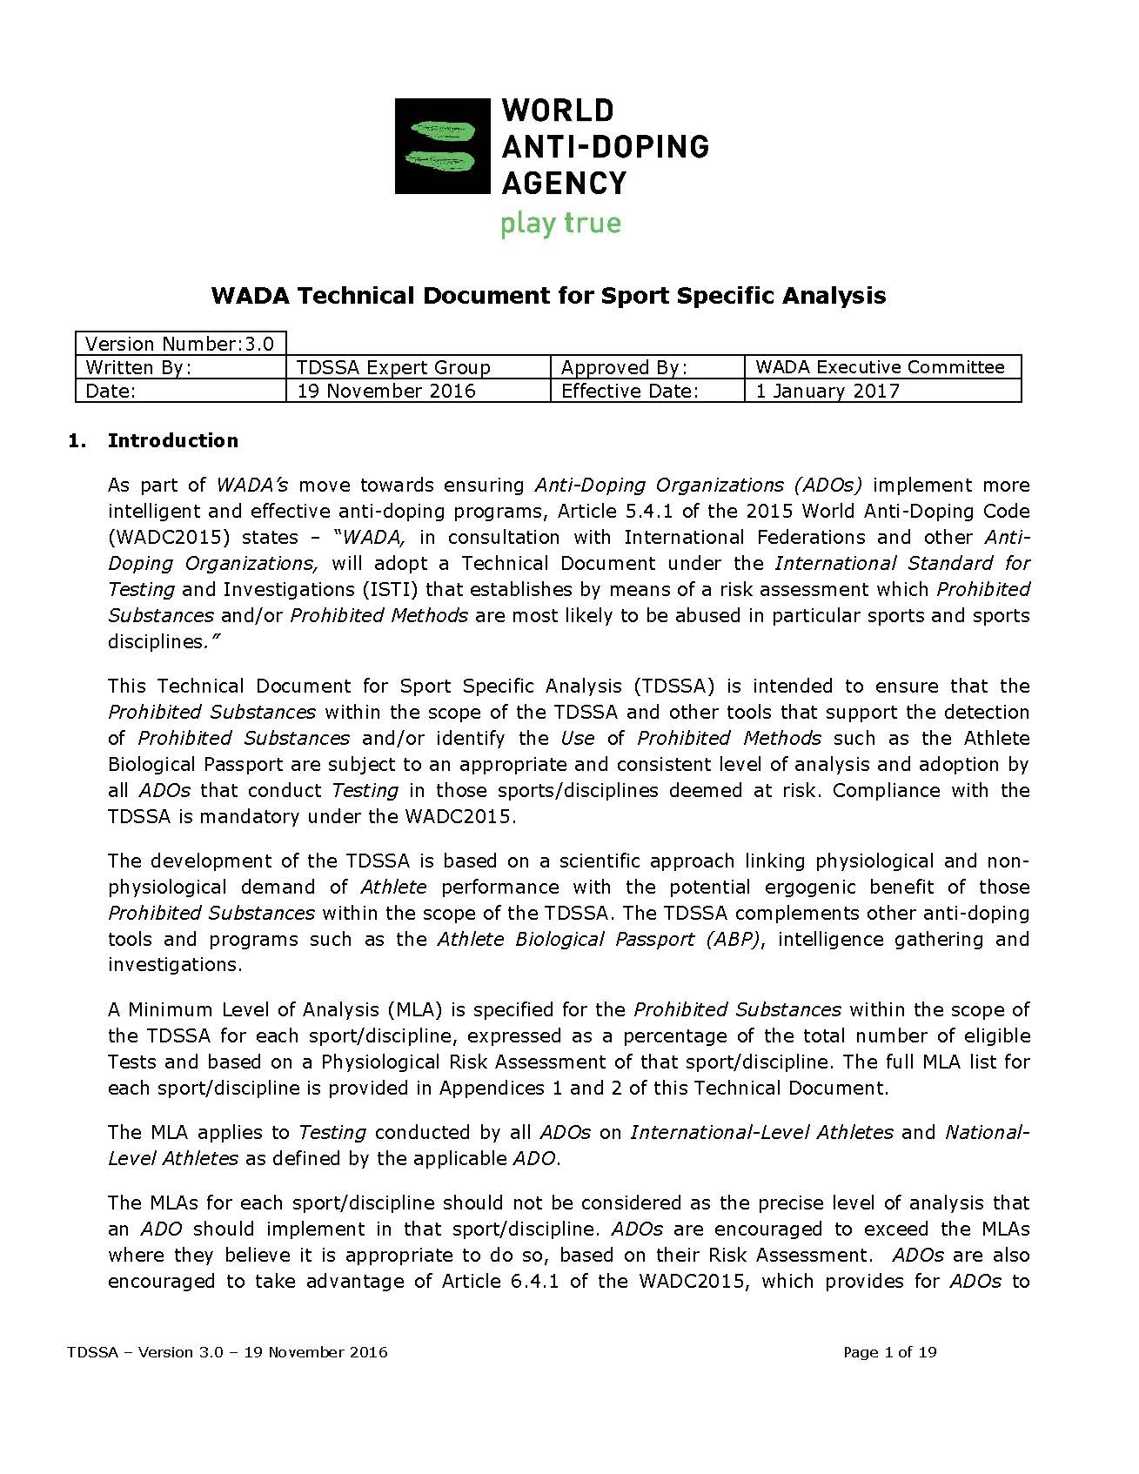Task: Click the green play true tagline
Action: pos(560,224)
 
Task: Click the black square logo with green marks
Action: pos(442,145)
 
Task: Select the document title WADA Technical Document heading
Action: pos(548,296)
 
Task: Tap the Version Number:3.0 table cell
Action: pos(180,344)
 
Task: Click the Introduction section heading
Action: pos(172,440)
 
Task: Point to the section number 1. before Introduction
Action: pos(77,440)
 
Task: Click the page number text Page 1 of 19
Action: pos(889,1352)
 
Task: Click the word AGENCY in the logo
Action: pos(564,183)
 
